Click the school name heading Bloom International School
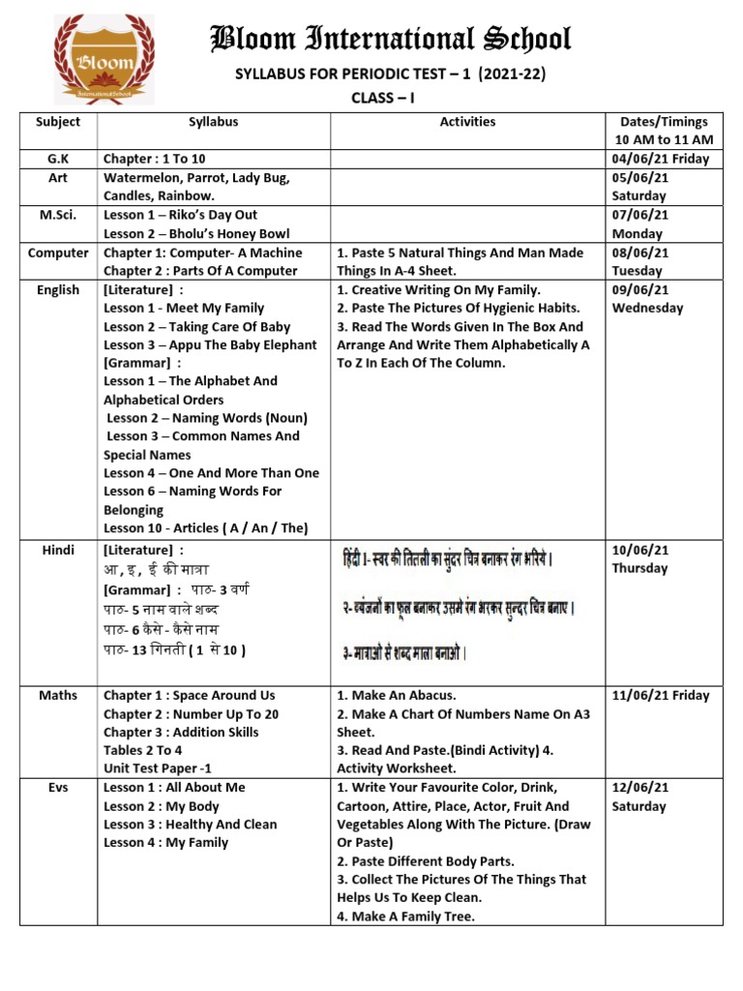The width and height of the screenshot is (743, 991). click(x=391, y=40)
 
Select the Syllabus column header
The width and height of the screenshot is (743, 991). click(x=214, y=122)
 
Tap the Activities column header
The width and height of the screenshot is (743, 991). click(x=467, y=122)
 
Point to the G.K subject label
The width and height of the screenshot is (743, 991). click(x=58, y=159)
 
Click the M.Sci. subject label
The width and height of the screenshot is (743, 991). click(x=58, y=215)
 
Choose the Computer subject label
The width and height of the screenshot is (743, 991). click(x=58, y=253)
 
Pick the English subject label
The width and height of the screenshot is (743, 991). click(x=58, y=290)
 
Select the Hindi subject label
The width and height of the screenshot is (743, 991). click(x=58, y=550)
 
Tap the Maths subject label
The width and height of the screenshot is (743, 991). click(x=58, y=696)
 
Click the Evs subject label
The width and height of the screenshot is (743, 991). click(x=58, y=788)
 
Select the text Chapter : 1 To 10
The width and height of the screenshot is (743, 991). click(x=155, y=159)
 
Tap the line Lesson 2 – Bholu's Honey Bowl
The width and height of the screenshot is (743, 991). click(x=196, y=234)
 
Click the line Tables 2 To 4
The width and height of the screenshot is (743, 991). click(x=143, y=751)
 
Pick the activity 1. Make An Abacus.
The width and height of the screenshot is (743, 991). click(x=397, y=696)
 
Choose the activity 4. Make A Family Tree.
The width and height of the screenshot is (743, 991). click(x=405, y=916)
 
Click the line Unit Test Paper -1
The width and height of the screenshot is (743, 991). click(x=157, y=769)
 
